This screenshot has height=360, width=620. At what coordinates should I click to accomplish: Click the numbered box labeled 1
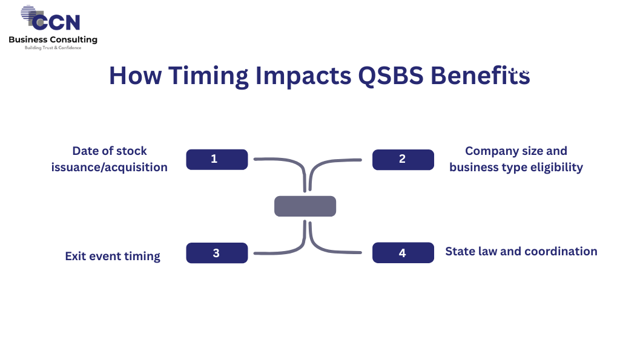(x=217, y=160)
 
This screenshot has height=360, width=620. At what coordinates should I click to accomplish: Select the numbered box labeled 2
(x=403, y=160)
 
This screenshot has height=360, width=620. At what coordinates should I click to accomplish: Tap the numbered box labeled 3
(x=217, y=253)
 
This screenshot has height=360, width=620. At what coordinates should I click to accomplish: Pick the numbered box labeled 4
(x=403, y=253)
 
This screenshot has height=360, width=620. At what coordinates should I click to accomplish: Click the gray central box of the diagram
(x=305, y=206)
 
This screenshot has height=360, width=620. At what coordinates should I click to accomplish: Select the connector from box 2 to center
(x=318, y=163)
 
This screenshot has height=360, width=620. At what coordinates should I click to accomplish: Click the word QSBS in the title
(x=391, y=76)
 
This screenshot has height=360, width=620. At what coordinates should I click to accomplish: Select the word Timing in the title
(x=208, y=76)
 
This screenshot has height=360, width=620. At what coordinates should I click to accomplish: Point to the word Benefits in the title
(x=480, y=75)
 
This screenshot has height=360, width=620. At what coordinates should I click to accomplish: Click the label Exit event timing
(x=113, y=257)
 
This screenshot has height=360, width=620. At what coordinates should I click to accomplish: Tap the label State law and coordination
(x=521, y=251)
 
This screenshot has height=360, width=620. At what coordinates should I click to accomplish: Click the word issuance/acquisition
(x=110, y=168)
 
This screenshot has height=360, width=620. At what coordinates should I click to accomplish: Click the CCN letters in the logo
(x=56, y=22)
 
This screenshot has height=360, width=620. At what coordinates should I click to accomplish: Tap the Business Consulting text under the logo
(x=53, y=39)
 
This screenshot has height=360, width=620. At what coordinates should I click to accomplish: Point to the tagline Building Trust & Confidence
(x=53, y=48)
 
